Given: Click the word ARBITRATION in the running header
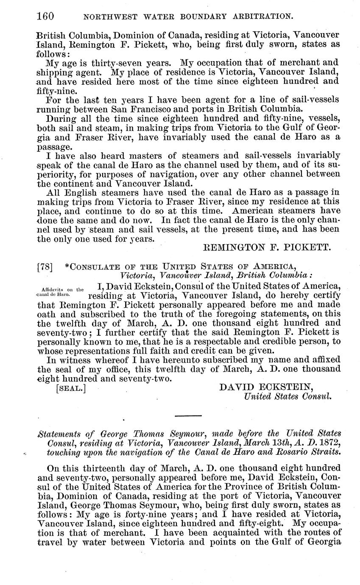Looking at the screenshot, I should [x=260, y=17].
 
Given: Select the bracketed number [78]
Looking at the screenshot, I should [x=45, y=267].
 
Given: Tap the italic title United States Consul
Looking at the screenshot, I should [x=287, y=397].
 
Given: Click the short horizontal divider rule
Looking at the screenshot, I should [x=188, y=415].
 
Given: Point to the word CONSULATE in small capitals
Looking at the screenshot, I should [x=92, y=267].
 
